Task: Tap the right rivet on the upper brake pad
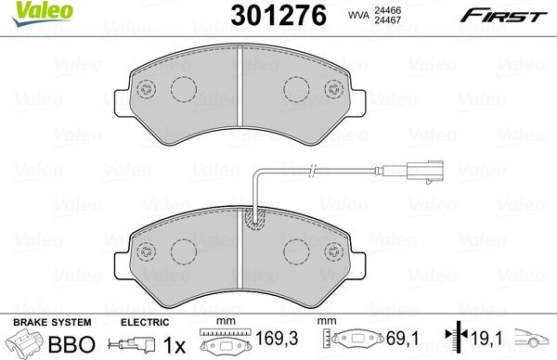335,90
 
